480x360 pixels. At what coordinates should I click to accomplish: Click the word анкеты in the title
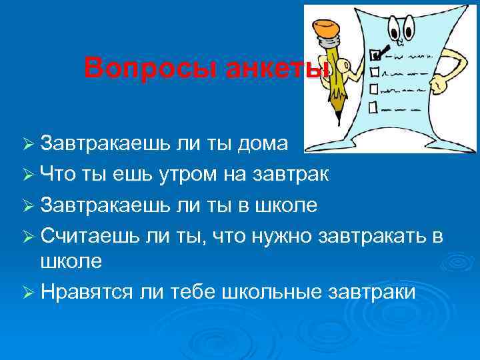point(269,68)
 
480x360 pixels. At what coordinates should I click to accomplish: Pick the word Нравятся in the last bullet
point(86,292)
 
